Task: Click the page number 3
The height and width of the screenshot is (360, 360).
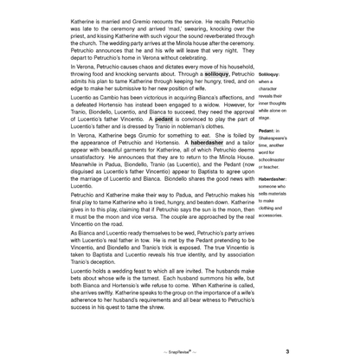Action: click(x=286, y=352)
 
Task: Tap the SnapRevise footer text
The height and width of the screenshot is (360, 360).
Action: click(x=179, y=352)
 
